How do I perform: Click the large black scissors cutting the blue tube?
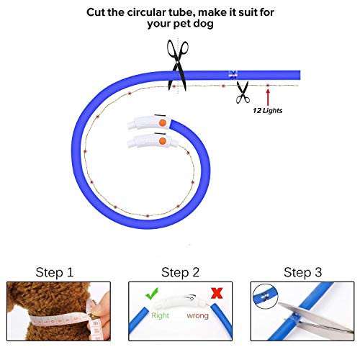click(x=178, y=65)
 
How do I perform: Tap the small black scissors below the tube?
click(x=243, y=92)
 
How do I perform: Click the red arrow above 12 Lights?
click(x=268, y=97)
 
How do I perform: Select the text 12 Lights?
click(x=268, y=111)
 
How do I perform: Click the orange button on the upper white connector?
click(x=163, y=123)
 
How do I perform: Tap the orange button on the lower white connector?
click(x=163, y=141)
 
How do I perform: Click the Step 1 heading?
click(x=55, y=272)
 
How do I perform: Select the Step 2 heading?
click(x=180, y=272)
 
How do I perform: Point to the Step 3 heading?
click(x=303, y=272)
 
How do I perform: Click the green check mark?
click(x=152, y=294)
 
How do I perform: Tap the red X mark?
click(x=217, y=293)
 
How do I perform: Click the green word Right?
click(x=160, y=315)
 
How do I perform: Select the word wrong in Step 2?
click(x=197, y=315)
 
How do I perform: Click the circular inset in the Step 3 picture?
click(x=265, y=296)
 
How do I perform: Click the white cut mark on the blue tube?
click(x=233, y=75)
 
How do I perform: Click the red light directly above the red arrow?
click(x=268, y=85)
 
